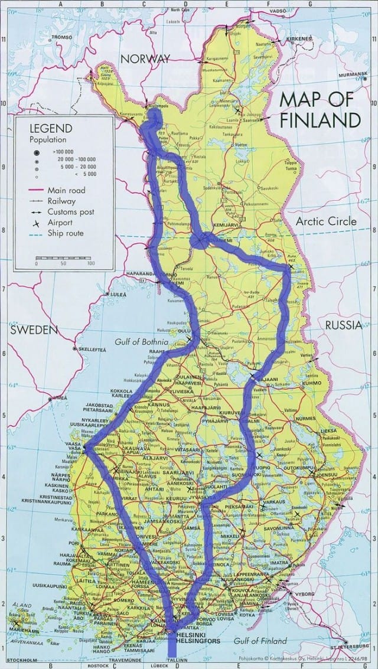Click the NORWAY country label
pos(145,58)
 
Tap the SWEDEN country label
pos(34,329)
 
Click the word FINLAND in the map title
pos(320,120)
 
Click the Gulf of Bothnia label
pos(141,342)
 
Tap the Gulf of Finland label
pos(260,641)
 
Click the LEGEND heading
pos(53,128)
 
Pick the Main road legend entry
pos(66,190)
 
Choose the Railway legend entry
pos(62,201)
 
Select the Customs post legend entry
pos(70,211)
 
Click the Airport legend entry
pos(60,223)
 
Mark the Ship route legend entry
pos(65,233)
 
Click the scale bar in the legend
pos(63,258)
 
